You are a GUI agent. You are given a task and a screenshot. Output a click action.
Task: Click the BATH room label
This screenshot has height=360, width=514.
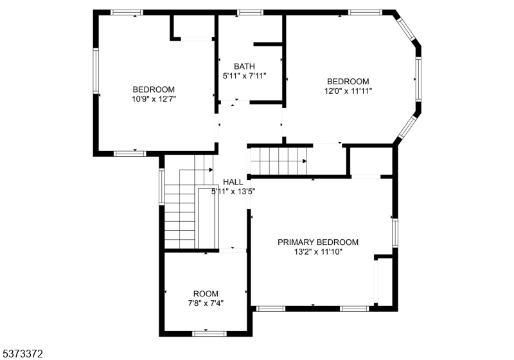244,66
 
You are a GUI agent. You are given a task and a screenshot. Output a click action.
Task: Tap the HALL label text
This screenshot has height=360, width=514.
233,182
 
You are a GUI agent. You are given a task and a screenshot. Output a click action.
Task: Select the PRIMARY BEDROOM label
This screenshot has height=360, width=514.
318,242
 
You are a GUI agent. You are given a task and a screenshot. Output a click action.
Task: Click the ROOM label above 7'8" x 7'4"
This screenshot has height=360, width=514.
206,294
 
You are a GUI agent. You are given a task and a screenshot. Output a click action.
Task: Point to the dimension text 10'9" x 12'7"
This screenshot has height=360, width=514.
154,99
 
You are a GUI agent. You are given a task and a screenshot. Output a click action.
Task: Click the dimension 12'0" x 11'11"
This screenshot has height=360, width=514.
348,91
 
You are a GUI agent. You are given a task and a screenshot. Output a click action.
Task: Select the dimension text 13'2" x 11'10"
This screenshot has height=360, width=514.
318,252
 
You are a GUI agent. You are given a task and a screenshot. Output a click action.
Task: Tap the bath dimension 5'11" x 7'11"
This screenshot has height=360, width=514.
244,76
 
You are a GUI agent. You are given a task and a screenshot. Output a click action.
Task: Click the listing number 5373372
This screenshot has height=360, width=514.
23,354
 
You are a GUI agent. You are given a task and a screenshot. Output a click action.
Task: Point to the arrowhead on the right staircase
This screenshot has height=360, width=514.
305,161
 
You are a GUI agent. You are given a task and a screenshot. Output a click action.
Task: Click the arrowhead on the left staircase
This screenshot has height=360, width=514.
211,170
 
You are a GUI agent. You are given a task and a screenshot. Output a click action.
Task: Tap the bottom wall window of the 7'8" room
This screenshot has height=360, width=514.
209,334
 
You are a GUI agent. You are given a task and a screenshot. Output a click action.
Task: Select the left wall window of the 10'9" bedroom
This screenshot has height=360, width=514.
96,71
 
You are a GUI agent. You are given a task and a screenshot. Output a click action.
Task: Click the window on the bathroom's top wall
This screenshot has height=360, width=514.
250,12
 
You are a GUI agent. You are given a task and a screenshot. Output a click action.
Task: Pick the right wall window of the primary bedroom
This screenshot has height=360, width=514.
395,233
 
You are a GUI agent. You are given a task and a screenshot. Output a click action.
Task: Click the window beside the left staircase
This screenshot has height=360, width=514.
162,186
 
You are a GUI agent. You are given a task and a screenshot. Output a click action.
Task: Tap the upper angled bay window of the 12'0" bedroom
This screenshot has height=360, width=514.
407,29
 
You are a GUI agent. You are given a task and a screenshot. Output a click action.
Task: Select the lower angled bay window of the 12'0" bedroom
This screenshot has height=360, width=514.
407,127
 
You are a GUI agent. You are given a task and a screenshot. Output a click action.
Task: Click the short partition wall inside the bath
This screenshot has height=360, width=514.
268,44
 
